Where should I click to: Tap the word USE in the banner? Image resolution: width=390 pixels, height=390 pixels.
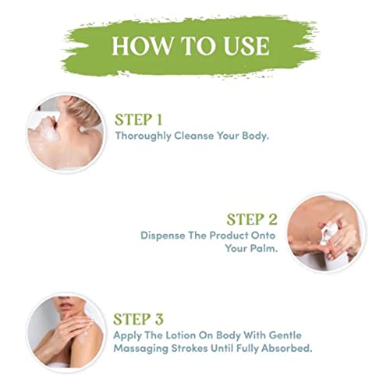tap(246, 46)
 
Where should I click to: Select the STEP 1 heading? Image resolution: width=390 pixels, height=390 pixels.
tap(139, 120)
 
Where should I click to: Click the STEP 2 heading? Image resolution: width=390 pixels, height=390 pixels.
tap(252, 219)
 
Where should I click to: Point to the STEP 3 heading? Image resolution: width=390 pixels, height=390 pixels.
tap(138, 319)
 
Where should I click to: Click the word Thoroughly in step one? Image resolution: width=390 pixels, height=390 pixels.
tap(143, 136)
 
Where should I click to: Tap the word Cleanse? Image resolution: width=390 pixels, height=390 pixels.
tap(194, 136)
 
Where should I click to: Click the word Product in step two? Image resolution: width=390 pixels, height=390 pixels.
tap(229, 236)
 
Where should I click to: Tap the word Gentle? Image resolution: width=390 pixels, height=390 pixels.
tap(285, 335)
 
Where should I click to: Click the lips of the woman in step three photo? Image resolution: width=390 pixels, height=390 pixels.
tap(63, 304)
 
